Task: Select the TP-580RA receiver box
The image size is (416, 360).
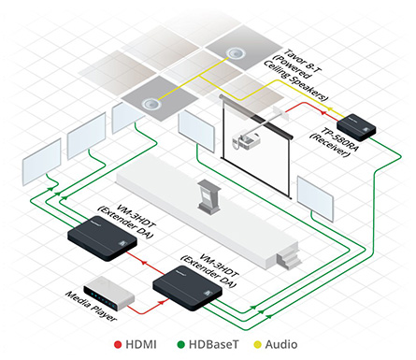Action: pos(357,123)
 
